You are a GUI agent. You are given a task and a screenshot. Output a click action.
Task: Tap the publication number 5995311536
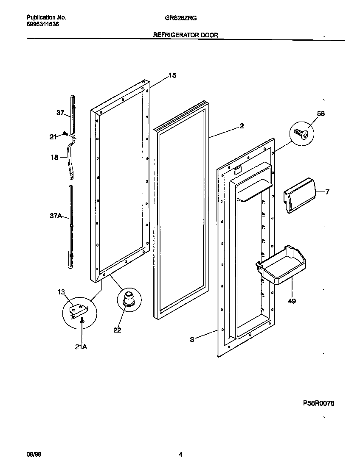43,25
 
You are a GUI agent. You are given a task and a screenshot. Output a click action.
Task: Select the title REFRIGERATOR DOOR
186,36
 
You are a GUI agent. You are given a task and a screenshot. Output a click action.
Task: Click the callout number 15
172,75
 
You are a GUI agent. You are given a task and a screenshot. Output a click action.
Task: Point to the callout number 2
241,125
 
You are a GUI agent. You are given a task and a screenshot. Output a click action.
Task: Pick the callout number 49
292,301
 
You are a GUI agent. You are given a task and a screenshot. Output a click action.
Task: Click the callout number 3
192,339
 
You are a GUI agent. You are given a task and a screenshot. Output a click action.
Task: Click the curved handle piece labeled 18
70,159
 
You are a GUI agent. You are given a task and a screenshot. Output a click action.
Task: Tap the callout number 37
60,113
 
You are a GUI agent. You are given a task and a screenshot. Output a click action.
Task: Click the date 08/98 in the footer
34,454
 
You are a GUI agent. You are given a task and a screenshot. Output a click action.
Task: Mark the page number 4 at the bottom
180,454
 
